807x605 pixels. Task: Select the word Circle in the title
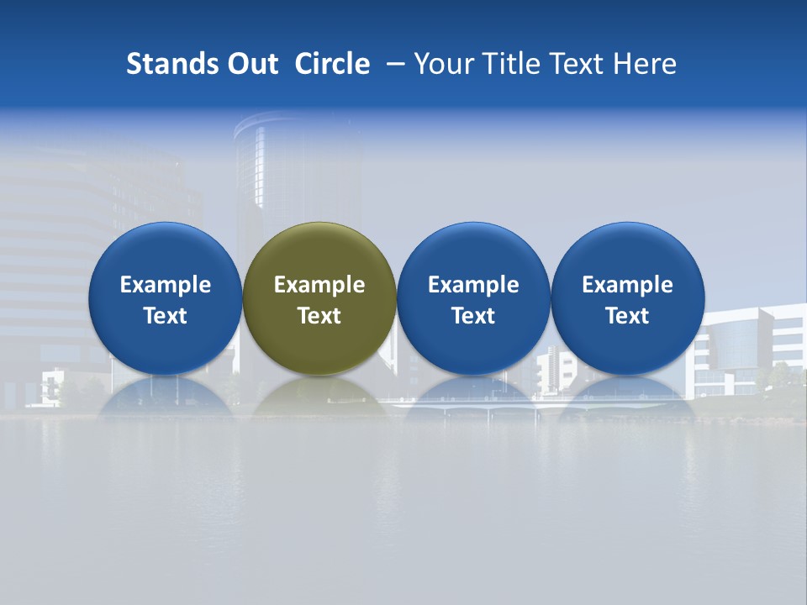pos(332,64)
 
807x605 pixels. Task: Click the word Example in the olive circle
pos(319,285)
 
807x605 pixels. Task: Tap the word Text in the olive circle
pos(319,316)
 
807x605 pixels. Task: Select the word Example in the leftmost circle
pos(165,285)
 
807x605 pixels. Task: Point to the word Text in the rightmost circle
pos(628,316)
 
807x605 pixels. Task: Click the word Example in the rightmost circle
pos(628,285)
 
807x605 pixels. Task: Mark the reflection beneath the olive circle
pos(319,397)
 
